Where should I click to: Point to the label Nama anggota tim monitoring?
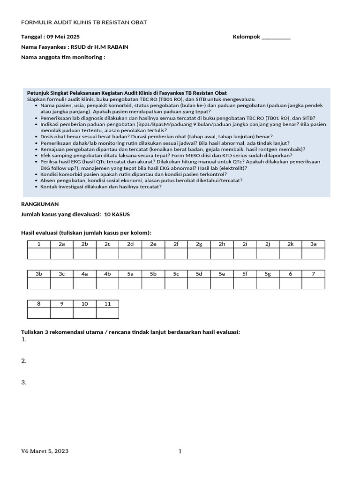click(x=63, y=57)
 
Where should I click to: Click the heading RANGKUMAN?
click(x=40, y=204)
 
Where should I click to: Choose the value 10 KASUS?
click(x=117, y=214)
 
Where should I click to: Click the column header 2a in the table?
click(x=61, y=244)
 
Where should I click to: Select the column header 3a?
click(x=313, y=244)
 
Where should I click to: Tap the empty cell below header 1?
click(x=39, y=253)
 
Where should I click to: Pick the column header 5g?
click(x=268, y=274)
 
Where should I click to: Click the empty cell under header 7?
click(x=313, y=283)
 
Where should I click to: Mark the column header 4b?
click(x=107, y=274)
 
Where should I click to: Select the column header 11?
click(x=107, y=304)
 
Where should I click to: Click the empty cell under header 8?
click(x=39, y=313)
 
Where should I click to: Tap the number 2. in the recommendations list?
click(x=24, y=361)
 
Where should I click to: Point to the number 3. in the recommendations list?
click(x=24, y=382)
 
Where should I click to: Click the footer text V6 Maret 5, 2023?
click(x=45, y=451)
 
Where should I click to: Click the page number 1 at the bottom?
click(x=180, y=451)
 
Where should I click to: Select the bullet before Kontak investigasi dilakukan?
click(x=37, y=187)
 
